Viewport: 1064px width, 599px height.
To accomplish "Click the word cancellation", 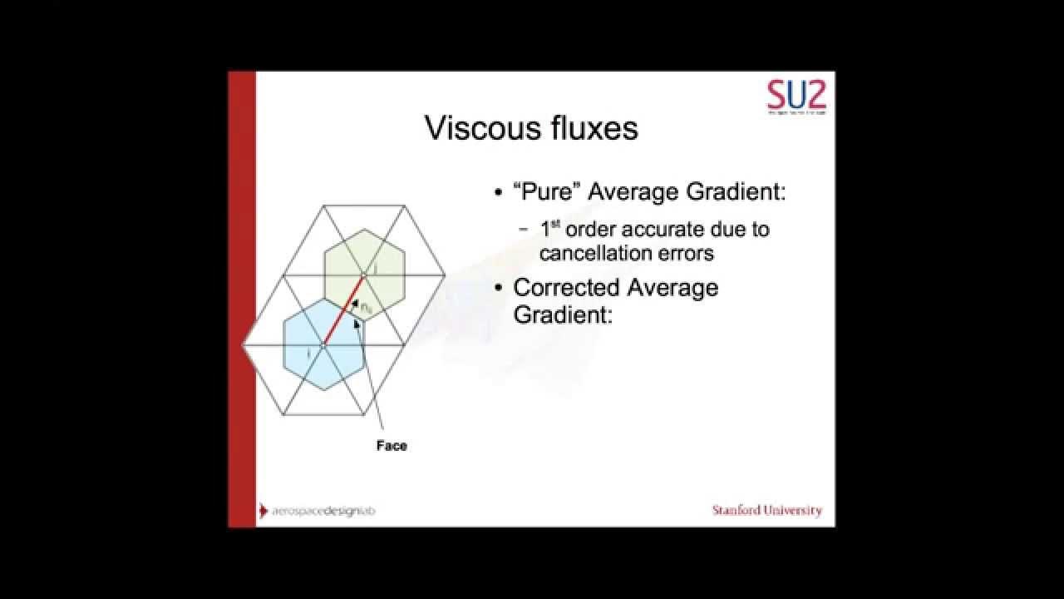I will click(609, 252).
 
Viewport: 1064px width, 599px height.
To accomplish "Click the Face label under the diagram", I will click(392, 446).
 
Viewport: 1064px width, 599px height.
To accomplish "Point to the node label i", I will click(309, 354).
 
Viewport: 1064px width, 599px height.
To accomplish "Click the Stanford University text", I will click(766, 510).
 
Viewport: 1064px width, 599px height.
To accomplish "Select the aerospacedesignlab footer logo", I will click(318, 511).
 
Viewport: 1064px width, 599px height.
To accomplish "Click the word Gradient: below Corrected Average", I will click(562, 314).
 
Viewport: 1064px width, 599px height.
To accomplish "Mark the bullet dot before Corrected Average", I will click(499, 289).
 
